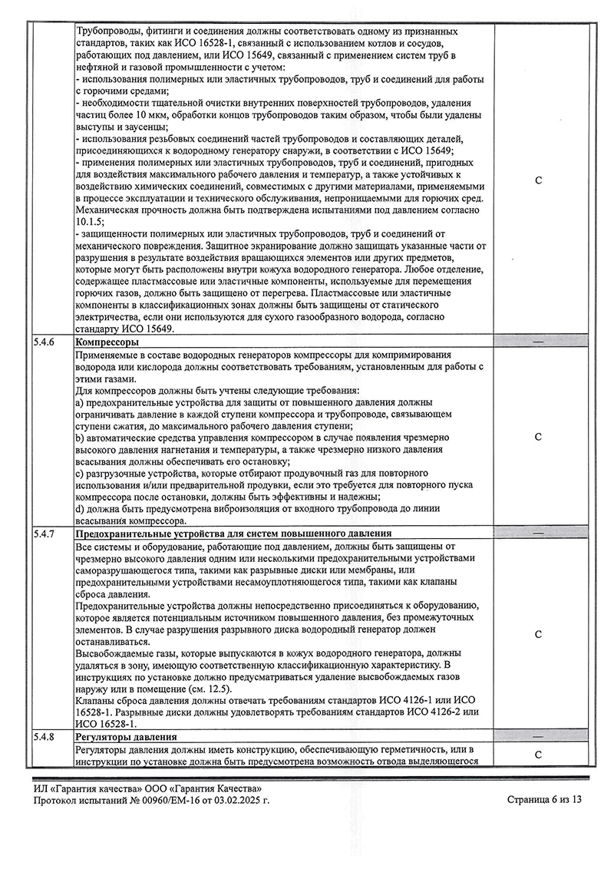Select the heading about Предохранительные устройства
click(233, 534)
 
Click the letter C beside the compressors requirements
click(538, 437)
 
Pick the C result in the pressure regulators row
click(538, 755)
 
